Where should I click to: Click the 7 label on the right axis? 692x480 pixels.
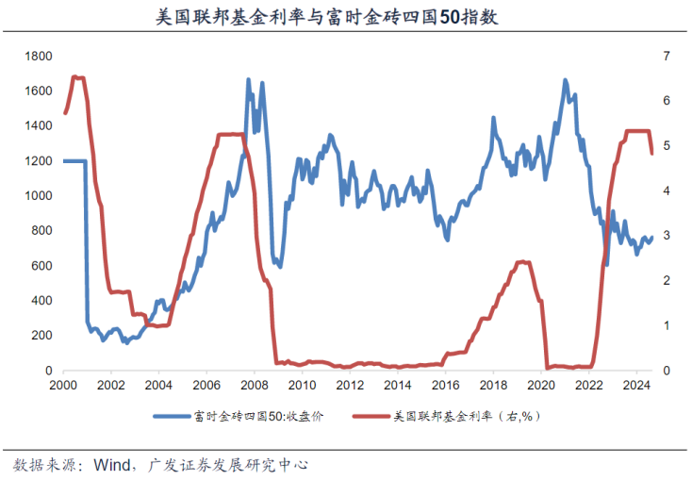click(667, 57)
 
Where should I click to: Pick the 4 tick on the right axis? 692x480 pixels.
click(667, 191)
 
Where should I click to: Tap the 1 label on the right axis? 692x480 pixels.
click(667, 325)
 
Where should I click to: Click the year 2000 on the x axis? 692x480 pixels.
click(62, 386)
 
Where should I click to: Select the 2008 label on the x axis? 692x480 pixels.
click(254, 386)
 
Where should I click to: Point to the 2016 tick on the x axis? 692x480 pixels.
click(445, 386)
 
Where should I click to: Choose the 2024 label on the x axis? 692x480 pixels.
click(636, 386)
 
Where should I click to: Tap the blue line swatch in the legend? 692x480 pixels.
click(171, 415)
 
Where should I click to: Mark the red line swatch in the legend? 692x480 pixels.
click(370, 415)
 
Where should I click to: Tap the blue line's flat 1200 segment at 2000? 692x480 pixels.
click(74, 161)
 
